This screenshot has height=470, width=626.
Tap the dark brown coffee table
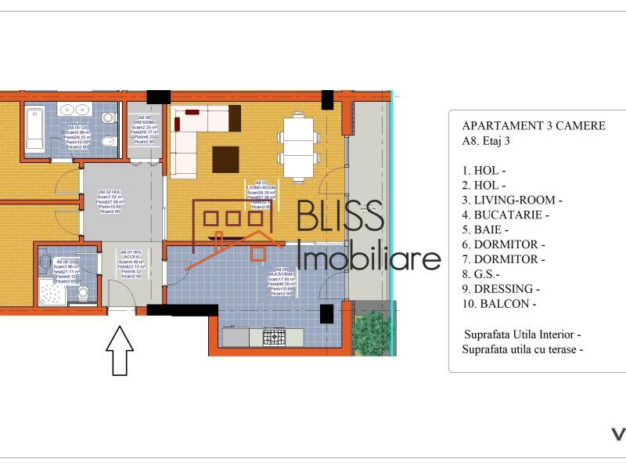point(225,159)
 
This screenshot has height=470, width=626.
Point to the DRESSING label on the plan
point(146,123)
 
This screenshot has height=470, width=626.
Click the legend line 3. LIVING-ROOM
point(512,200)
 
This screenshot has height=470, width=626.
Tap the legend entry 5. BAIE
point(485,230)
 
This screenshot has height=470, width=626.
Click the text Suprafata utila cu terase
point(522,349)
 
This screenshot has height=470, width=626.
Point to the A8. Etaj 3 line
point(491,141)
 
